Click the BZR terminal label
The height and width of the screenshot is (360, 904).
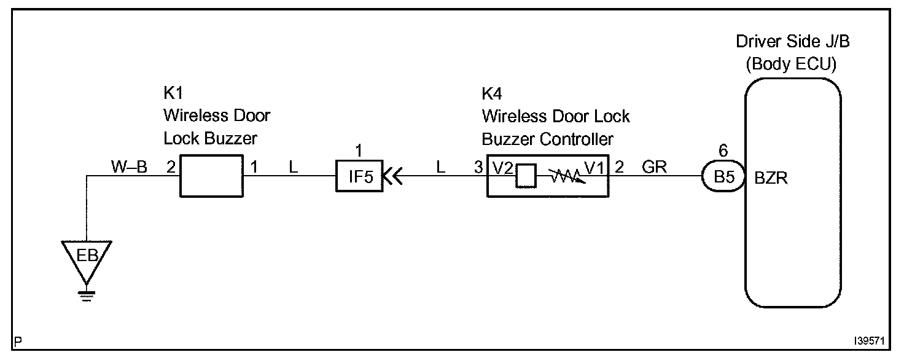771,179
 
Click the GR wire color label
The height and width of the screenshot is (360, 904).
654,166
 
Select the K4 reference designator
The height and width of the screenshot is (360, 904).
491,94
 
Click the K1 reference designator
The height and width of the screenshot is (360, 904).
173,94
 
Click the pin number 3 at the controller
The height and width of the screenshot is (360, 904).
478,167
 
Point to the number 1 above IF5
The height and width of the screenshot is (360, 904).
358,149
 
